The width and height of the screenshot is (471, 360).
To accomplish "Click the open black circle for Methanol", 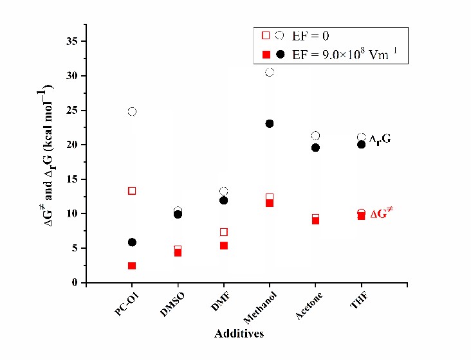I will coord(270,72).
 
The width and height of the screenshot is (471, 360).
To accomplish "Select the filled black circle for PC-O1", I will coord(132,242).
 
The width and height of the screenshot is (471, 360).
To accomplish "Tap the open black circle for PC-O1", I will coord(132,112).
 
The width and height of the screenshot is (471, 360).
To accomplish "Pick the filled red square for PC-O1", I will coord(132,265).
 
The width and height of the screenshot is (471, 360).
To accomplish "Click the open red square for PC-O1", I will coord(132,191).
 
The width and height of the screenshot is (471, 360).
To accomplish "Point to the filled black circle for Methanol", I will coord(270,123).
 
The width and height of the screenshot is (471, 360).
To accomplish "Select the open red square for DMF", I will coord(224,232).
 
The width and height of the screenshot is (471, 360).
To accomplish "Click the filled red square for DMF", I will coord(224,246).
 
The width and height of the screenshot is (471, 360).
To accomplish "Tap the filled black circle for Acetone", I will coord(315,148).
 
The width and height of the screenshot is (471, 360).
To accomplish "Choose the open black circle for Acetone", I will coord(315,136).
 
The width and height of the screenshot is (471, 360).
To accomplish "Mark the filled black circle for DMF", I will coord(224,201).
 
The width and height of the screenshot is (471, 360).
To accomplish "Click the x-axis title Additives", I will coord(239,334).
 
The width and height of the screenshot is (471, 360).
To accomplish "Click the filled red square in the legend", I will coord(266,55).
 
